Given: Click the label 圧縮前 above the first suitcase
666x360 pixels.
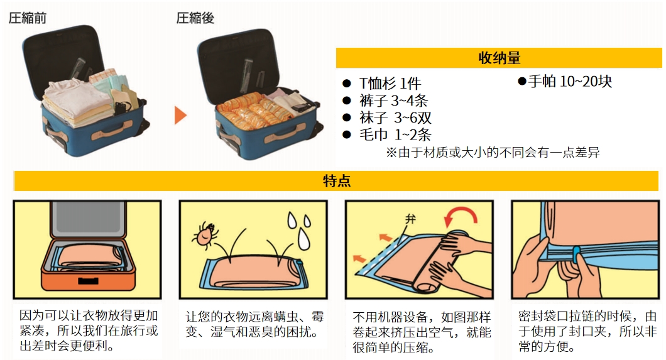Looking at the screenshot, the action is [28, 18].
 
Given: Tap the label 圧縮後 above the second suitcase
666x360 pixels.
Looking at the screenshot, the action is [195, 18].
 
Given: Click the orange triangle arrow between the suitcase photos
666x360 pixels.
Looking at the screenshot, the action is [180, 115].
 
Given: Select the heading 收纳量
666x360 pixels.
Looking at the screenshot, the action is [499, 58].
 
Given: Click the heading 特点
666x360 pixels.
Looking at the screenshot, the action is [336, 181].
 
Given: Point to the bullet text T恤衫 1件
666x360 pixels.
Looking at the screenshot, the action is [390, 83].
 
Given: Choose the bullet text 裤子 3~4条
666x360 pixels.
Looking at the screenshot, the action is [393, 101].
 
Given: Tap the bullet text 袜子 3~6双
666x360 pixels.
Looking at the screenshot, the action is [395, 117].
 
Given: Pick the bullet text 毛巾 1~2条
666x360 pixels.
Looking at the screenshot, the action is [395, 134].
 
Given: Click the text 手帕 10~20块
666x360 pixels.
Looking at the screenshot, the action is [570, 81].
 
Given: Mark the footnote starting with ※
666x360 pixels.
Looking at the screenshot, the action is [493, 153].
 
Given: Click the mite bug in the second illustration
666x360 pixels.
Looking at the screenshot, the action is [205, 234].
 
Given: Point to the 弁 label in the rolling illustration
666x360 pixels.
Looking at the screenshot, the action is [410, 219].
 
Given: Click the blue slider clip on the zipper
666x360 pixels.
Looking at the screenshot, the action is [576, 254].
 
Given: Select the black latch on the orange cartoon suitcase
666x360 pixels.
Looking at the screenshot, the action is [88, 281].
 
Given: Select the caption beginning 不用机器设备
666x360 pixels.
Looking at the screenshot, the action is [422, 332].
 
